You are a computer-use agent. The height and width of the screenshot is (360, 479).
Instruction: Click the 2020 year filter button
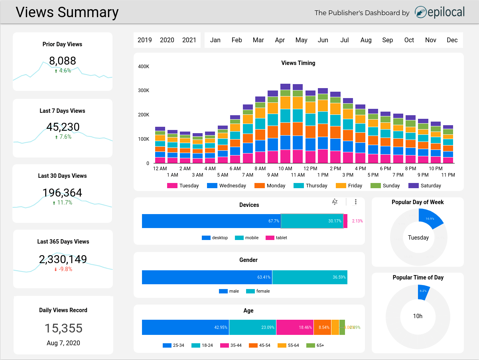167,40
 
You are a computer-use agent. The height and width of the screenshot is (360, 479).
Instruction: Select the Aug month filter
366,40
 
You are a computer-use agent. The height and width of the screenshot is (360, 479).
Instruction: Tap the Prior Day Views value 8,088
62,61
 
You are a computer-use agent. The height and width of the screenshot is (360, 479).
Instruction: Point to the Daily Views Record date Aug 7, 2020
63,343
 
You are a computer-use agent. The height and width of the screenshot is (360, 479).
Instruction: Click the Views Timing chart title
298,63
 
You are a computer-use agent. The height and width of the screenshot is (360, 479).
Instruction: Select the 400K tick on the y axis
143,66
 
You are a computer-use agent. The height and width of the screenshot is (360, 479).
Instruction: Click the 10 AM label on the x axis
285,169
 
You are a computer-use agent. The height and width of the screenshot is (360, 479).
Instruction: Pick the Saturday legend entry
425,185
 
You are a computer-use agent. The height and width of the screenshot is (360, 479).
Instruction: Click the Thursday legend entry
311,185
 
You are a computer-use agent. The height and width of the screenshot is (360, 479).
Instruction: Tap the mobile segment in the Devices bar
312,221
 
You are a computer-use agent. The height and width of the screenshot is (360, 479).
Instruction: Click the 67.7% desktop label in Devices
274,221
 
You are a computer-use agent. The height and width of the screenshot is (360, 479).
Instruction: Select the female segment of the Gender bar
309,277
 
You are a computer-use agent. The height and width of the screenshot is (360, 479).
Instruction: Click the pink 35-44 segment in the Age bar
295,327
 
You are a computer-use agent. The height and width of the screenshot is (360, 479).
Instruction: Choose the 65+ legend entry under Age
315,345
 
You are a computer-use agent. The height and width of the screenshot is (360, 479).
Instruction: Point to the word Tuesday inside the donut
418,238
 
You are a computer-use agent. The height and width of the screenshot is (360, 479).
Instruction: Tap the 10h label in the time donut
418,316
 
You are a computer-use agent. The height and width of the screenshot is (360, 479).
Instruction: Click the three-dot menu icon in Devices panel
356,202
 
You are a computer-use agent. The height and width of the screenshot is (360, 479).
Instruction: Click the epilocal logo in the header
440,12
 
